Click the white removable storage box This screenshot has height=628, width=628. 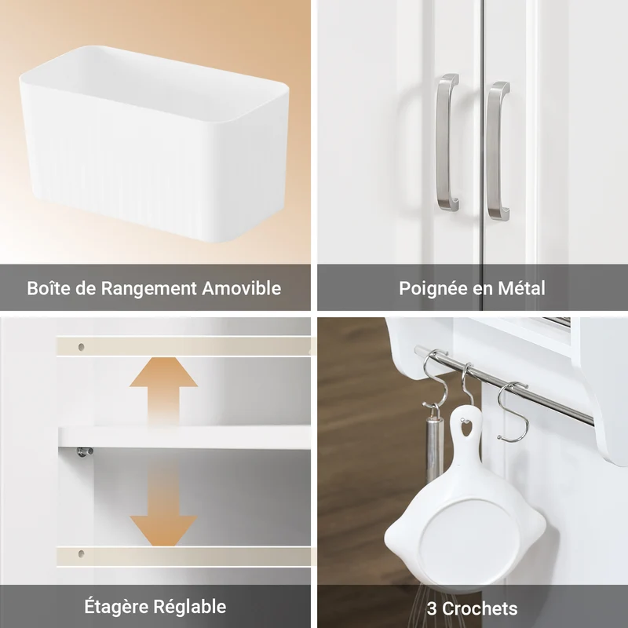pyautogui.click(x=154, y=144)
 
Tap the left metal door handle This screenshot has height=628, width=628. pyautogui.click(x=447, y=142)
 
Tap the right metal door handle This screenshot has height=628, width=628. pyautogui.click(x=498, y=151)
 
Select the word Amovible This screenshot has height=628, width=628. pyautogui.click(x=241, y=288)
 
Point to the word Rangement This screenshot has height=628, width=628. pyautogui.click(x=148, y=289)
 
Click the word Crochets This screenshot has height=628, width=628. pyautogui.click(x=480, y=609)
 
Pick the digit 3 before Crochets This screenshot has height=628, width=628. pyautogui.click(x=432, y=609)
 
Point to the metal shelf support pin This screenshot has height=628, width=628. pyautogui.click(x=85, y=451)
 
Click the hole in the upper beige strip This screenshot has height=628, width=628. pyautogui.click(x=82, y=346)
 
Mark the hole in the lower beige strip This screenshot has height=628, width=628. pyautogui.click(x=82, y=554)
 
